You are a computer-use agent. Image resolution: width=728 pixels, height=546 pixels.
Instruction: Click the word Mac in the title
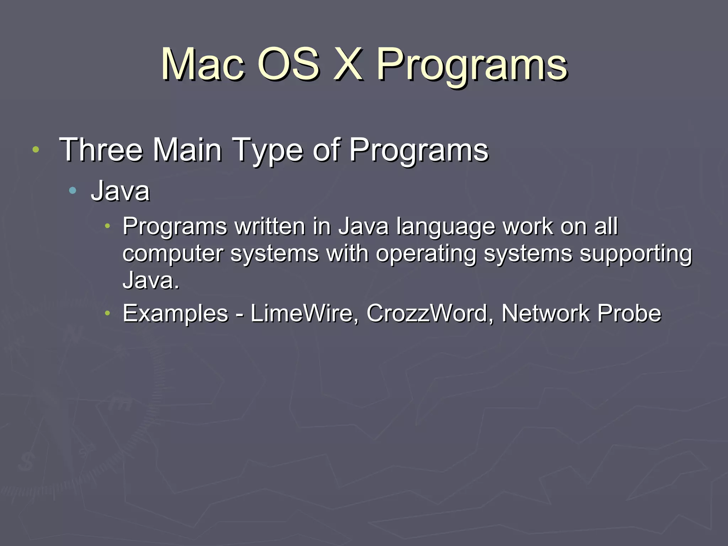pyautogui.click(x=203, y=65)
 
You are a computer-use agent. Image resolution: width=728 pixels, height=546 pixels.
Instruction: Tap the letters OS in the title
pyautogui.click(x=289, y=65)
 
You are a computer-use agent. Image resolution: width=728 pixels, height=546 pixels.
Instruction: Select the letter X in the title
pyautogui.click(x=348, y=65)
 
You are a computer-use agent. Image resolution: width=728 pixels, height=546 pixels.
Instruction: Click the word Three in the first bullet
pyautogui.click(x=101, y=150)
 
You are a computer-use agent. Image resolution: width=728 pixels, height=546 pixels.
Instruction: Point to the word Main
pyautogui.click(x=187, y=150)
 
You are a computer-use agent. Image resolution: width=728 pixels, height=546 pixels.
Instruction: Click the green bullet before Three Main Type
pyautogui.click(x=36, y=150)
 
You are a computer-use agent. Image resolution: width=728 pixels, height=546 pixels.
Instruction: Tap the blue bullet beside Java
pyautogui.click(x=73, y=191)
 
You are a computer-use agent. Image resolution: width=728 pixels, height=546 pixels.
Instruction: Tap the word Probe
pyautogui.click(x=629, y=314)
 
